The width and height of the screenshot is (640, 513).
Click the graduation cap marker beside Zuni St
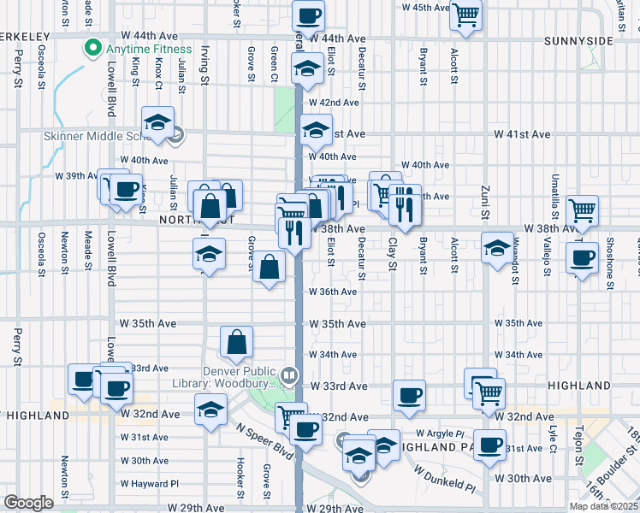tap(497, 248)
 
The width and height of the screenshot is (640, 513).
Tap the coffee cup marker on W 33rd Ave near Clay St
tap(410, 396)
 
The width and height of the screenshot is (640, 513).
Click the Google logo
tap(28, 503)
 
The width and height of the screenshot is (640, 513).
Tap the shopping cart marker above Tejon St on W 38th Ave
tap(582, 209)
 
